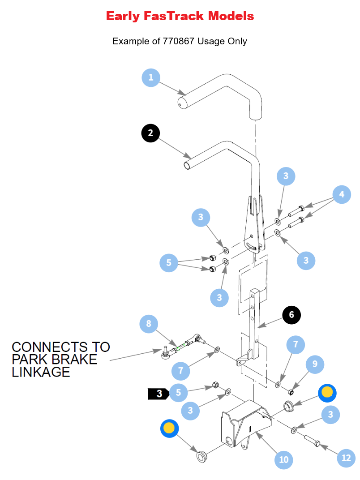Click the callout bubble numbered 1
[151, 77]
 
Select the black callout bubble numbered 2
[150, 133]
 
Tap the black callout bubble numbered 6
[291, 315]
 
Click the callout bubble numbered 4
[342, 194]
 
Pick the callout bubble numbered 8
[149, 324]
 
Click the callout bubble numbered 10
[283, 460]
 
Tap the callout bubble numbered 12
[346, 458]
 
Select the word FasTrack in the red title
[176, 17]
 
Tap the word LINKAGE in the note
[41, 372]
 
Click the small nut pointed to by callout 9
[291, 392]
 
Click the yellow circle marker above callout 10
[327, 393]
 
